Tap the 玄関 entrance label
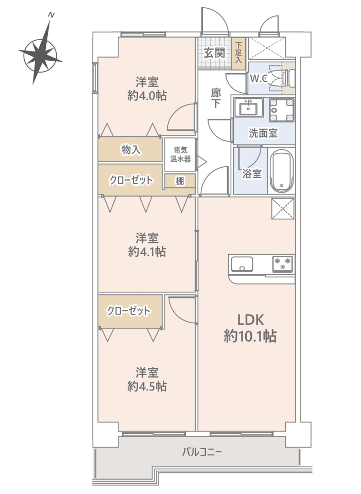[x=214, y=53]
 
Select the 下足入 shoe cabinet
[x=238, y=53]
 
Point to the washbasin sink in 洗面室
[x=249, y=108]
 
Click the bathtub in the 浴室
[x=282, y=171]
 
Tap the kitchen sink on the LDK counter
[x=242, y=264]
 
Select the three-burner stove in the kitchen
[x=283, y=264]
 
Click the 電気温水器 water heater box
[x=180, y=155]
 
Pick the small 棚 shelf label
[x=180, y=181]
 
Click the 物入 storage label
[x=131, y=150]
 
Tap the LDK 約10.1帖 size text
[x=250, y=329]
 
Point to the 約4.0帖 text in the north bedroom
[x=147, y=95]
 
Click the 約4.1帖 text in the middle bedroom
[x=147, y=252]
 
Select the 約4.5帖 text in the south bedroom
[x=147, y=386]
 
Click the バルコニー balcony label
[x=202, y=452]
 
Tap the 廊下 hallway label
[x=216, y=98]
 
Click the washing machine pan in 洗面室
[x=282, y=110]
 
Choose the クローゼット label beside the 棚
[x=131, y=180]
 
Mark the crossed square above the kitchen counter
[x=283, y=208]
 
